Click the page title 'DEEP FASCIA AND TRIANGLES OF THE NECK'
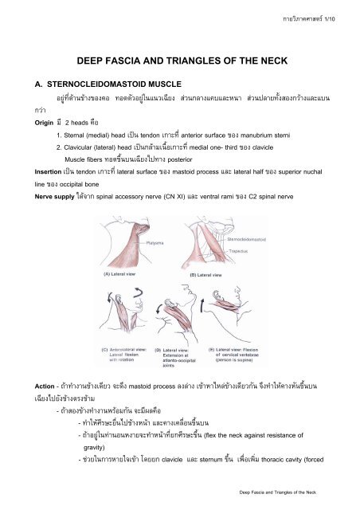coord(180,61)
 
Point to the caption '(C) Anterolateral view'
coord(119,347)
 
